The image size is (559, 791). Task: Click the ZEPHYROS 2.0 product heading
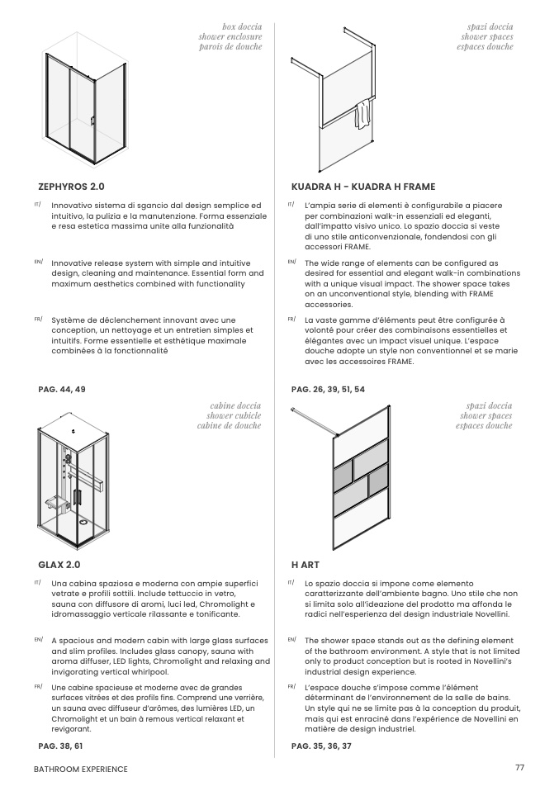(71, 187)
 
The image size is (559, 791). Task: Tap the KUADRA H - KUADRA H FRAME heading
(363, 187)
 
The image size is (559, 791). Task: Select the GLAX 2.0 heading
(59, 565)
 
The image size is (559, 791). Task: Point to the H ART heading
(306, 565)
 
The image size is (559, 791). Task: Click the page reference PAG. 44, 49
(62, 390)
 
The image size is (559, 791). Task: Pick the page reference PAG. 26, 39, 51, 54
(328, 390)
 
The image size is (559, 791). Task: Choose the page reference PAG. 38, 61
(60, 746)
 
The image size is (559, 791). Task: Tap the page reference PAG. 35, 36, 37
(321, 746)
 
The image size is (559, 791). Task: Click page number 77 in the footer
(519, 767)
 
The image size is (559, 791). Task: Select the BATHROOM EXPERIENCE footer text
(81, 770)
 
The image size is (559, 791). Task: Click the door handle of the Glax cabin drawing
(76, 496)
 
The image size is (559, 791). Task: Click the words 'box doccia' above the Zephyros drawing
(242, 26)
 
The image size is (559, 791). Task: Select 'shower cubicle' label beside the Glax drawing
(234, 415)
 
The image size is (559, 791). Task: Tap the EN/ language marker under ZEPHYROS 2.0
(38, 262)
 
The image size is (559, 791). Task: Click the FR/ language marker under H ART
(291, 687)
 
